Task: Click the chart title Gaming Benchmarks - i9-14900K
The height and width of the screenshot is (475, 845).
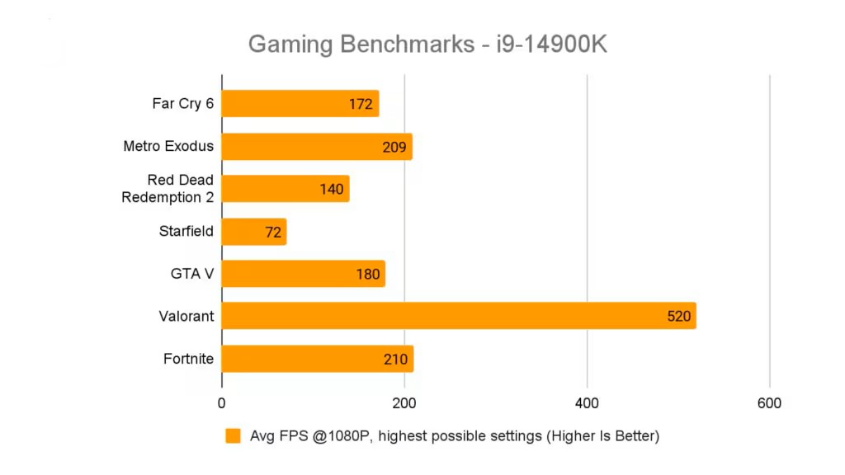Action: point(427,44)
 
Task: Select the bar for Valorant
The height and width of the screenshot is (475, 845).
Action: point(458,316)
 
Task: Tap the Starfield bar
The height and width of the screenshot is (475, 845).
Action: point(253,232)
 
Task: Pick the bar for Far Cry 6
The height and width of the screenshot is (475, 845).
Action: point(300,104)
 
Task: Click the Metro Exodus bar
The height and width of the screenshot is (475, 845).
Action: point(316,147)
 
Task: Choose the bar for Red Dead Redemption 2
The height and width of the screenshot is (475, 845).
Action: point(285,189)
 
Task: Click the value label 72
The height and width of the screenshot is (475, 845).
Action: point(273,232)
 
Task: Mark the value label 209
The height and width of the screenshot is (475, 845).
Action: point(394,147)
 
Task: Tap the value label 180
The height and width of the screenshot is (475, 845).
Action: point(367,274)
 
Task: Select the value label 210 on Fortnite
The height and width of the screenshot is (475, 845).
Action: point(395,359)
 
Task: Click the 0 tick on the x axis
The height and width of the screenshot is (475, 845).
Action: point(221,403)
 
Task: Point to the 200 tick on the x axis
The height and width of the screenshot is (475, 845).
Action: point(404,403)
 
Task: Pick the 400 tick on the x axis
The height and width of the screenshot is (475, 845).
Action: point(587,403)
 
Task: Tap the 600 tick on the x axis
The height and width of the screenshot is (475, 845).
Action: point(769,403)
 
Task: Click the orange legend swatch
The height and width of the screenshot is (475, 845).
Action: point(233,436)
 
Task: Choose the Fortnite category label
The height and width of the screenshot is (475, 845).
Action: point(188,359)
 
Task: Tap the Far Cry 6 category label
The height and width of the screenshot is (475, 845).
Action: point(182,104)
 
